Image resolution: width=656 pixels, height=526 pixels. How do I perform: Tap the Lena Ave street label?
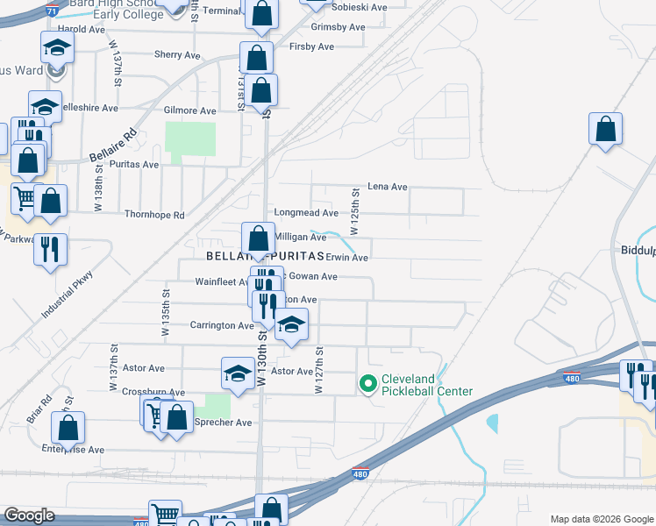click(x=388, y=187)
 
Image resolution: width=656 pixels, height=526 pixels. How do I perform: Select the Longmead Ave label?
click(x=306, y=213)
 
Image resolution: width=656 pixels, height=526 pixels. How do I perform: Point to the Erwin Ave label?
click(x=346, y=258)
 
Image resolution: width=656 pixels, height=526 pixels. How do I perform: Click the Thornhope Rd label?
click(x=154, y=215)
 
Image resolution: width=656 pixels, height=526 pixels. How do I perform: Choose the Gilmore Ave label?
click(x=189, y=111)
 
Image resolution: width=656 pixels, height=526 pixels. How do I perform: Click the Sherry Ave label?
click(x=177, y=54)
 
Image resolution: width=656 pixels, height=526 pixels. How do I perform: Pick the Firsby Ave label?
click(x=311, y=46)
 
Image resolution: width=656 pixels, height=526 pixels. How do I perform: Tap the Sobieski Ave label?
click(x=360, y=7)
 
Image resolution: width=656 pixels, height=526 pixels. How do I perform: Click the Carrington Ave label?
click(x=222, y=325)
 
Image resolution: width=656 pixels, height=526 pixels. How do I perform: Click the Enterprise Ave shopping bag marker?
click(x=68, y=429)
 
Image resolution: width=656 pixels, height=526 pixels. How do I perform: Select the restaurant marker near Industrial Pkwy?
click(x=50, y=249)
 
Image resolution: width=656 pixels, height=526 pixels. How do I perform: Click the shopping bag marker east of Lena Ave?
click(x=605, y=129)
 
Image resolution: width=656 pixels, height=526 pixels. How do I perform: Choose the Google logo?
click(x=29, y=515)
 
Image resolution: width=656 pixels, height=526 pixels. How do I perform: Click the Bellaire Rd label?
click(x=114, y=146)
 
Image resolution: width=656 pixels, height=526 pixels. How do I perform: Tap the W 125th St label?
click(x=355, y=212)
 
